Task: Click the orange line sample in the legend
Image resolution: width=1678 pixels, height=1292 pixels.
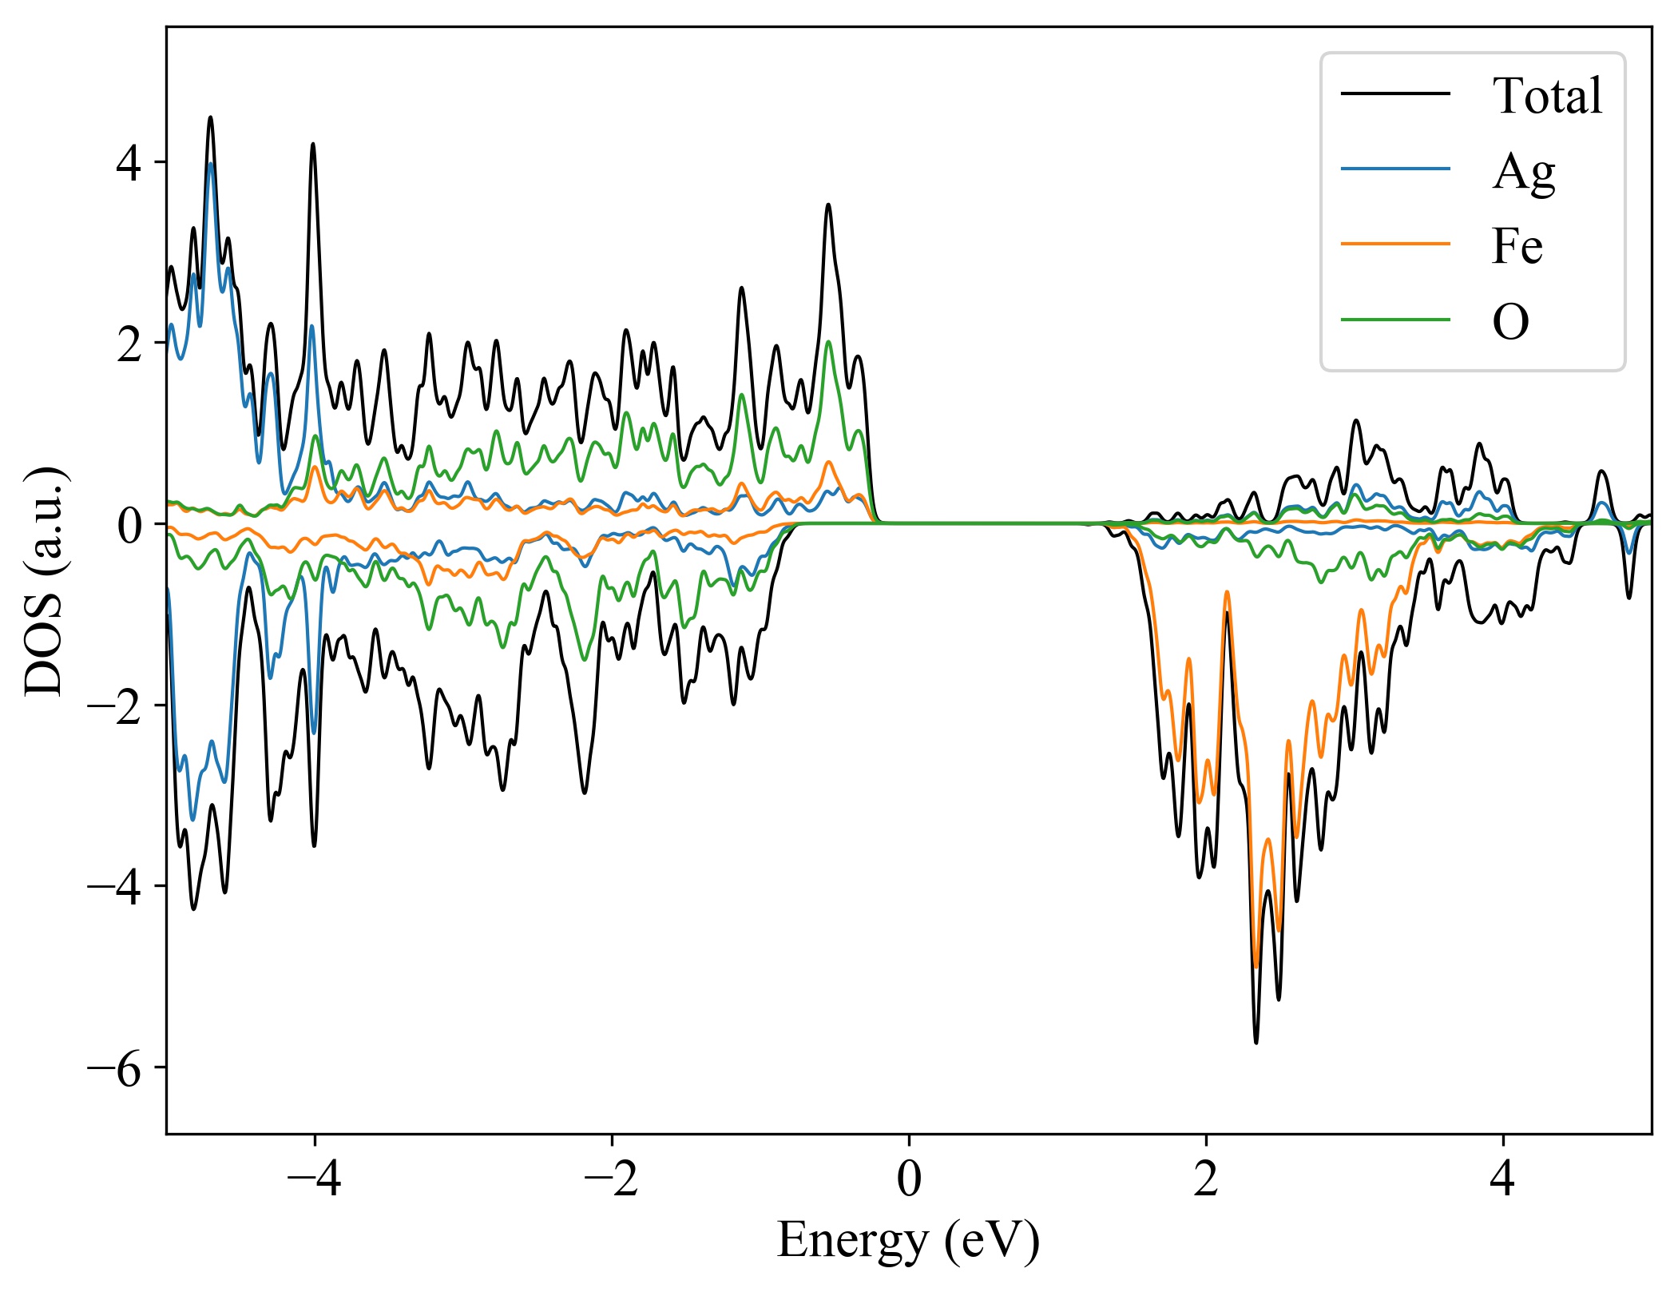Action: pos(1394,243)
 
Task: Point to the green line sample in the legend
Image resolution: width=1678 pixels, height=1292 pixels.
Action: pos(1394,320)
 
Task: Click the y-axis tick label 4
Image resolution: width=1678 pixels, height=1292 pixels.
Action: pos(129,162)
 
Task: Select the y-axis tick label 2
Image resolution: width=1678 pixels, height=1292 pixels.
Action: pos(129,343)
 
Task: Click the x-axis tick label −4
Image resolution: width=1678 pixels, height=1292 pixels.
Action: pos(314,1179)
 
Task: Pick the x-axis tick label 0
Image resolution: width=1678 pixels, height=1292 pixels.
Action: pos(909,1179)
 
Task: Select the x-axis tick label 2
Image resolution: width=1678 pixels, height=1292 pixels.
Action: pos(1206,1179)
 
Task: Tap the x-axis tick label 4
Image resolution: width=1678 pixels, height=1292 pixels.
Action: pos(1503,1179)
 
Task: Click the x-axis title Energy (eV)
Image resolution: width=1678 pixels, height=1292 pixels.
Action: pos(908,1241)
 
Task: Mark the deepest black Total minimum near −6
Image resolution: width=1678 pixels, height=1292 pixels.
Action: pos(1256,1042)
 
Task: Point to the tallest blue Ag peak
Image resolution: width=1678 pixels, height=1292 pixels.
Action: pos(211,164)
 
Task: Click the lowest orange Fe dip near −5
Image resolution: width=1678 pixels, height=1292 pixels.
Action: pos(1256,967)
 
